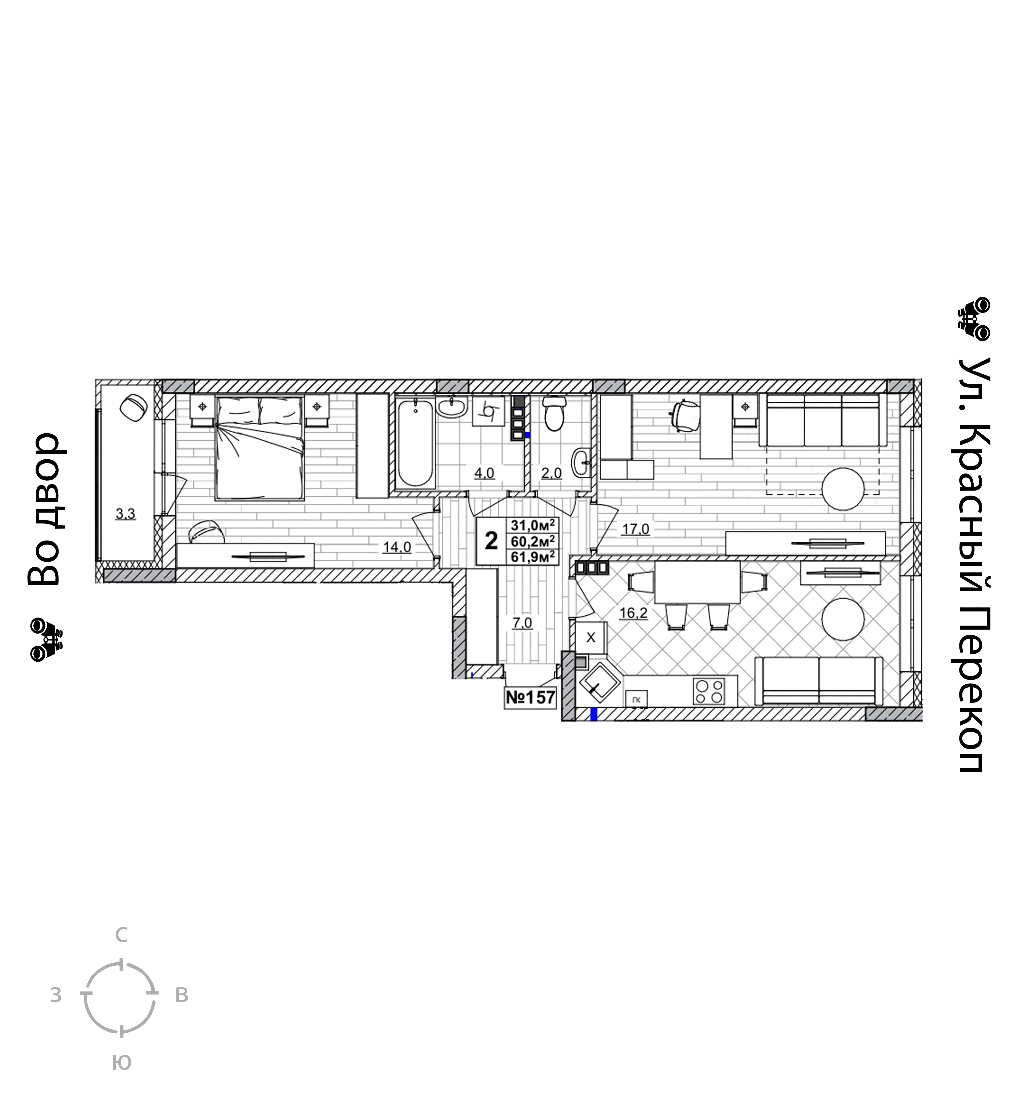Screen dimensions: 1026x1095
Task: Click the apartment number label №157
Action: pos(530,698)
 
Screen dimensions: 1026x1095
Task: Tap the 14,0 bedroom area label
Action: pos(397,547)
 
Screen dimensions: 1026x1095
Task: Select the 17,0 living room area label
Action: pos(636,529)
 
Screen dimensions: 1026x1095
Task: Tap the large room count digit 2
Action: pos(491,541)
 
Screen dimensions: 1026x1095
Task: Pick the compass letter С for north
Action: pos(121,935)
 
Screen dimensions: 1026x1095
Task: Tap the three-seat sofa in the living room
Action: pos(823,420)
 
